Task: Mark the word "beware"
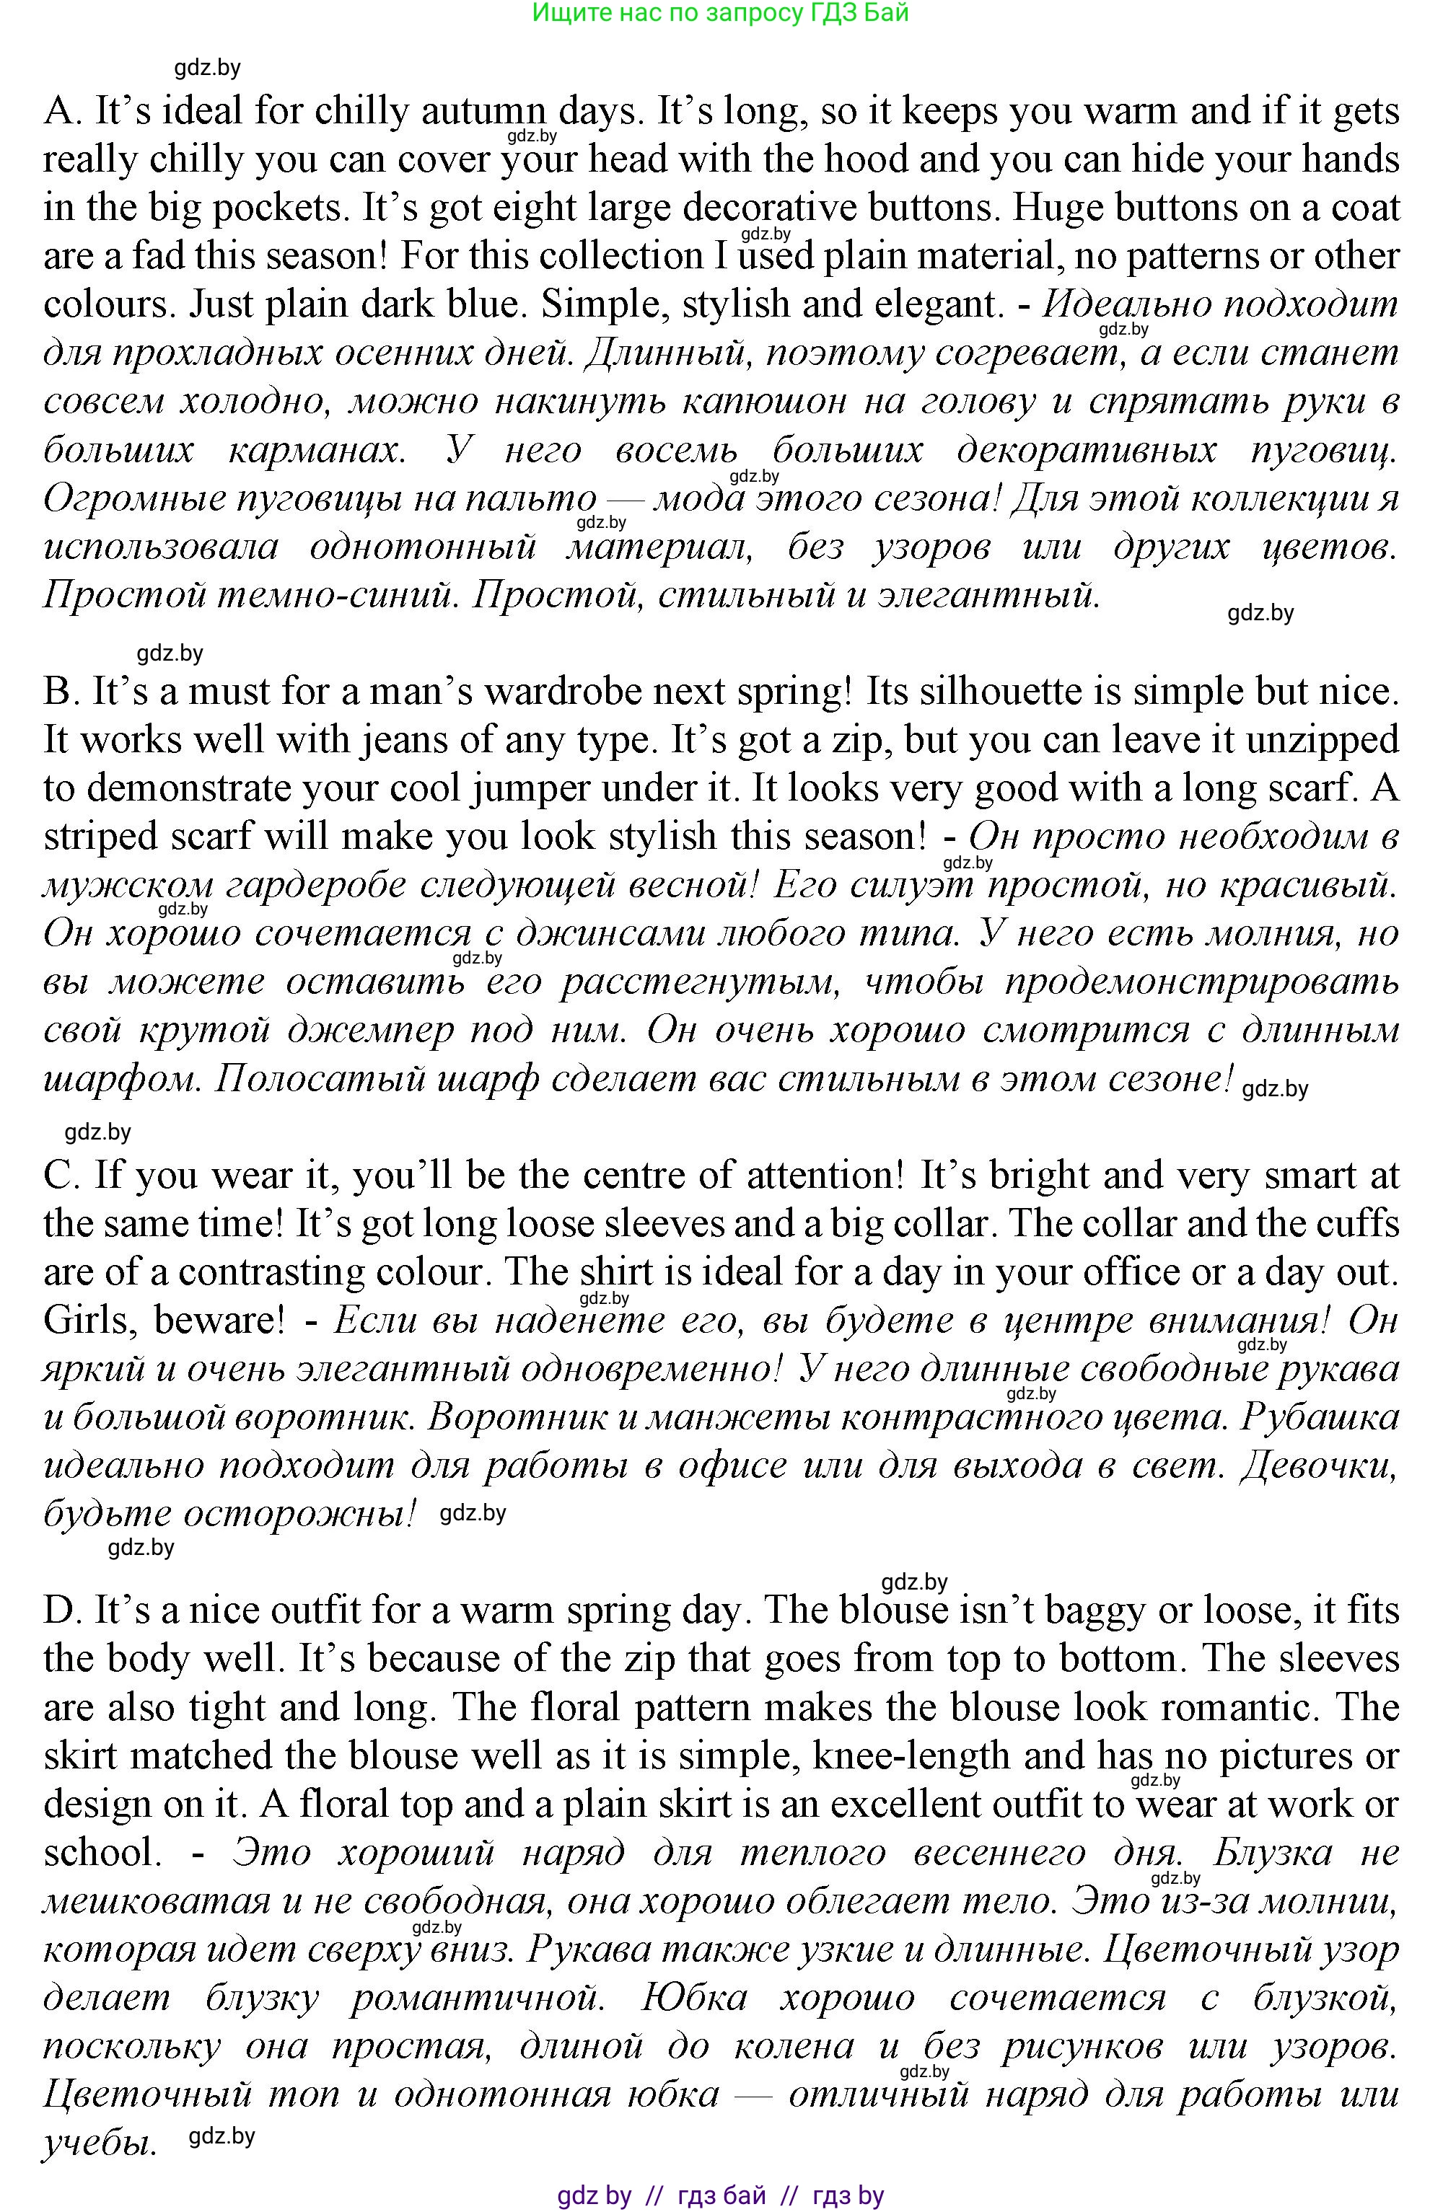coord(219,1321)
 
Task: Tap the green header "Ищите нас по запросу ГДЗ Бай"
coord(721,13)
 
